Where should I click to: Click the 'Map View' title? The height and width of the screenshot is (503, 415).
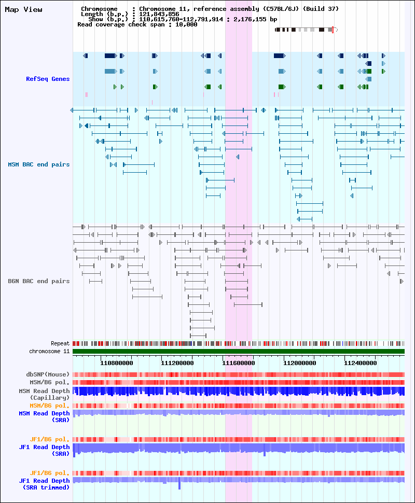tap(23, 10)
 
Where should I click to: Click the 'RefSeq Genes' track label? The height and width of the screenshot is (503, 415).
tap(48, 79)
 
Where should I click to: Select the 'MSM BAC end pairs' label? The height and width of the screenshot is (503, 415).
tap(39, 164)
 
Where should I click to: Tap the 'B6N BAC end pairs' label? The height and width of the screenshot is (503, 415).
tap(39, 282)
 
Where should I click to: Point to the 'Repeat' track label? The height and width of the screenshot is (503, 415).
tap(60, 344)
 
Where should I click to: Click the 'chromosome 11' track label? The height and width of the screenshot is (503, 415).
tap(49, 351)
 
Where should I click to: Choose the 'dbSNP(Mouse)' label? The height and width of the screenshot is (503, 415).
tap(48, 375)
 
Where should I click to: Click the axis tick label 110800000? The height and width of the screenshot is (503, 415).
tap(117, 363)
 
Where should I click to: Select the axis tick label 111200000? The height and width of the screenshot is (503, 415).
tap(177, 363)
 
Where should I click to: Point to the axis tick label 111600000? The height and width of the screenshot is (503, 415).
tap(239, 363)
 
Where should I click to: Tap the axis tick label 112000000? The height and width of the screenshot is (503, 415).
tap(299, 363)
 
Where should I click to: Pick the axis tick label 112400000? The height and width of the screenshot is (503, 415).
tap(361, 363)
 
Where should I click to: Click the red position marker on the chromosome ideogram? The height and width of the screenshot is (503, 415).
tap(333, 30)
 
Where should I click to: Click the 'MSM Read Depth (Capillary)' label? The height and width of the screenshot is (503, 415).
tap(44, 394)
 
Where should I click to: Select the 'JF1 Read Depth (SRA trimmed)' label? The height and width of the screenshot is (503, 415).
tap(44, 484)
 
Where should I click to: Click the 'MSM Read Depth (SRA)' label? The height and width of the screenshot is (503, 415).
tap(44, 417)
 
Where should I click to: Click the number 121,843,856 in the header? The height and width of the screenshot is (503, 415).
tap(159, 14)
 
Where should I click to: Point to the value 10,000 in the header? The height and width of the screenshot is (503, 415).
tap(186, 24)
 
